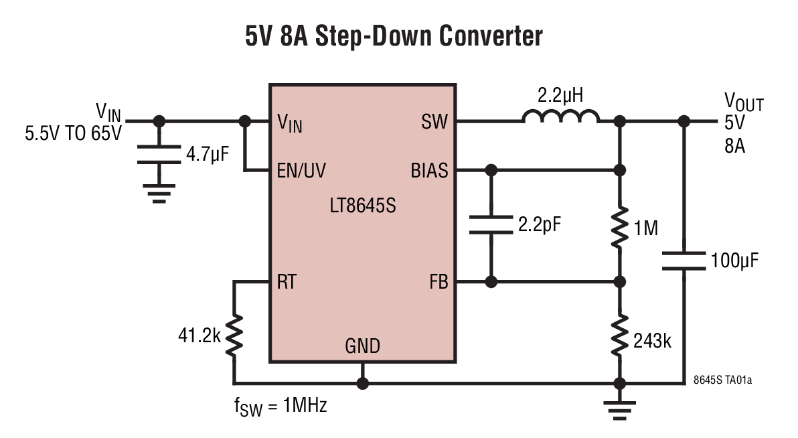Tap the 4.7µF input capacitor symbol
coord(159,153)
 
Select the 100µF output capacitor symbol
coord(684,261)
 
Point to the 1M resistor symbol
coord(620,228)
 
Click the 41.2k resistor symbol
coord(234,336)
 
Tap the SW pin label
coord(434,123)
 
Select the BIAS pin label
coord(429,171)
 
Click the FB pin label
coord(438,282)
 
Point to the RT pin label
coord(286,282)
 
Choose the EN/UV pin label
coord(301,171)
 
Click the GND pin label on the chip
coord(362,346)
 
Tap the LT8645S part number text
coord(362,206)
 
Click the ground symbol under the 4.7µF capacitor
coord(159,192)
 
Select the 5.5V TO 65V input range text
coord(74,133)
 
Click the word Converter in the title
coord(490,36)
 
